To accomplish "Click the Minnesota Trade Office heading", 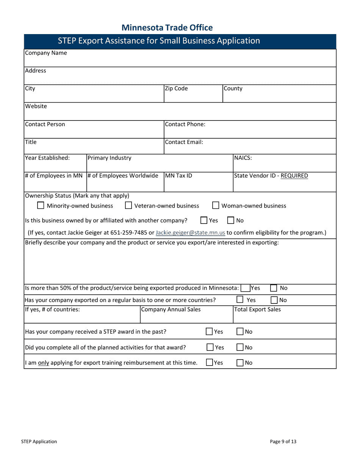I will pyautogui.click(x=167, y=28).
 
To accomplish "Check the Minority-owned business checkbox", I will pyautogui.click(x=41, y=206).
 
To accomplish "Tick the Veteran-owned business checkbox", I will pyautogui.click(x=128, y=206).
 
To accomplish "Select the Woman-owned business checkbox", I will pyautogui.click(x=216, y=206).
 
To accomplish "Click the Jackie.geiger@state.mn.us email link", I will pyautogui.click(x=190, y=233).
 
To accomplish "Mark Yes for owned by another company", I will pyautogui.click(x=204, y=220).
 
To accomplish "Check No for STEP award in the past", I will pyautogui.click(x=240, y=332).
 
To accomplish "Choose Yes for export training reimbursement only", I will pyautogui.click(x=210, y=363).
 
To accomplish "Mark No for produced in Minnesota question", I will pyautogui.click(x=274, y=288).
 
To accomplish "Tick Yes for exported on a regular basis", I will pyautogui.click(x=240, y=300).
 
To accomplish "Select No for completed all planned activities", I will pyautogui.click(x=240, y=347).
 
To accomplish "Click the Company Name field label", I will pyautogui.click(x=46, y=53).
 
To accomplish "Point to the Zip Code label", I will pyautogui.click(x=176, y=89).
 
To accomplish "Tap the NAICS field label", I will pyautogui.click(x=243, y=158).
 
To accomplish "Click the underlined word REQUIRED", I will pyautogui.click(x=294, y=176).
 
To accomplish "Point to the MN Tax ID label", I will pyautogui.click(x=178, y=176).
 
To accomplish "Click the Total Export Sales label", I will pyautogui.click(x=258, y=310).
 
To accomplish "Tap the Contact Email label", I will pyautogui.click(x=184, y=142).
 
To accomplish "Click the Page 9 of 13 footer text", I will pyautogui.click(x=283, y=441).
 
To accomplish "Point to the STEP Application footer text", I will pyautogui.click(x=39, y=441).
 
